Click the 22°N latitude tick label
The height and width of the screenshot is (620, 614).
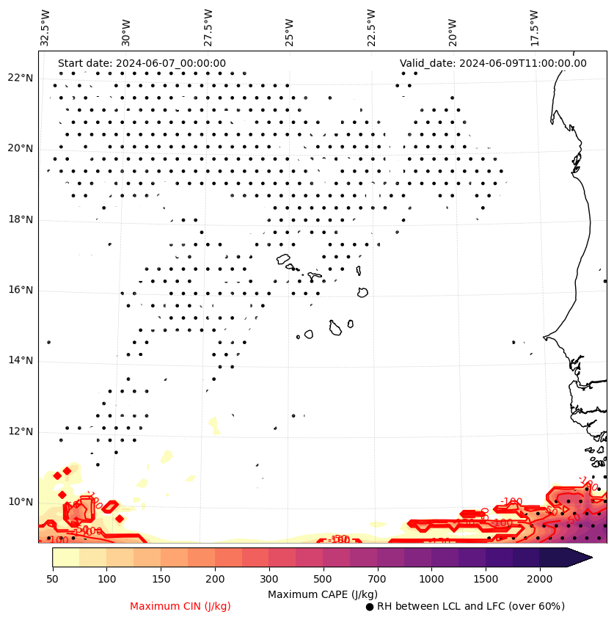point(21,79)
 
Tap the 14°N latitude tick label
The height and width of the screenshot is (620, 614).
point(21,360)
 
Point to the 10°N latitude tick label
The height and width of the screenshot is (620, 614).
point(21,502)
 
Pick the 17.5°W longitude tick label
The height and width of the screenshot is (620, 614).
point(535,27)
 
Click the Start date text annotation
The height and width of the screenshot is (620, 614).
point(142,64)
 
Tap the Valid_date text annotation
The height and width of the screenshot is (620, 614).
point(493,64)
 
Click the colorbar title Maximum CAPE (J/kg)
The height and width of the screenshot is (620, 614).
point(322,594)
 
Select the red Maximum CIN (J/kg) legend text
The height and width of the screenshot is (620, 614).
point(180,607)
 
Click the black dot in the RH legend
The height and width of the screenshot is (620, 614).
point(370,607)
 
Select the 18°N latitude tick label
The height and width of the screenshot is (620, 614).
point(21,219)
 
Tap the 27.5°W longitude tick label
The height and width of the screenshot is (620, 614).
point(208,27)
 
